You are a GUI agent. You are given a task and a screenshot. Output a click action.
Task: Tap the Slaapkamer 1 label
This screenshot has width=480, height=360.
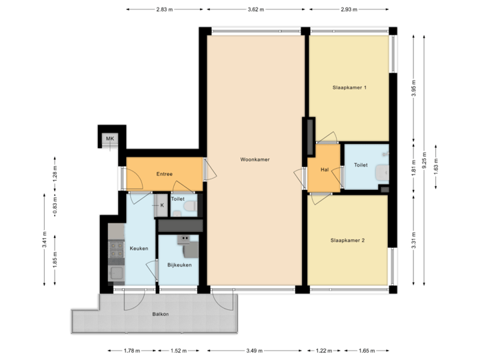click(350, 87)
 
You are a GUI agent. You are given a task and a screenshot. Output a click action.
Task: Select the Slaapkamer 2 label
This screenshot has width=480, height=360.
click(347, 240)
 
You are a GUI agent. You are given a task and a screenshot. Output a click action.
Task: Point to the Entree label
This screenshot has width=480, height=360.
click(165, 174)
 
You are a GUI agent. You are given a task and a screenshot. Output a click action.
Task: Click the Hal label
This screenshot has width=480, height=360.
click(325, 169)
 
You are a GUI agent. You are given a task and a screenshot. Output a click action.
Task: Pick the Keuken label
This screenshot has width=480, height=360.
click(139, 249)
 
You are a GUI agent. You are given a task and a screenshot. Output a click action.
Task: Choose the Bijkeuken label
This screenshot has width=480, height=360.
click(179, 265)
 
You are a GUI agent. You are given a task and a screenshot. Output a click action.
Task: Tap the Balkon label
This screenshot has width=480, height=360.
click(160, 313)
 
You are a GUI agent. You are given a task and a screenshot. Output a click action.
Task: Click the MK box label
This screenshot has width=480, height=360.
click(109, 139)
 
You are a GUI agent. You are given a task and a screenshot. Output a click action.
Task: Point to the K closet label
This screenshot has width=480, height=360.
click(162, 205)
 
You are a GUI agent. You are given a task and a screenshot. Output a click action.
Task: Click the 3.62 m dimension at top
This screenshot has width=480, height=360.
click(256, 10)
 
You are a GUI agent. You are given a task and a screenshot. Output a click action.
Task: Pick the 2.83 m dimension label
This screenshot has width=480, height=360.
click(165, 10)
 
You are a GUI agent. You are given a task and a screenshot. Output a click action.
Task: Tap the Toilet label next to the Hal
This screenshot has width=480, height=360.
click(361, 165)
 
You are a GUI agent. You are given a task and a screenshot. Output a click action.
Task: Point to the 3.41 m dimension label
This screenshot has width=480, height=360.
click(44, 239)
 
